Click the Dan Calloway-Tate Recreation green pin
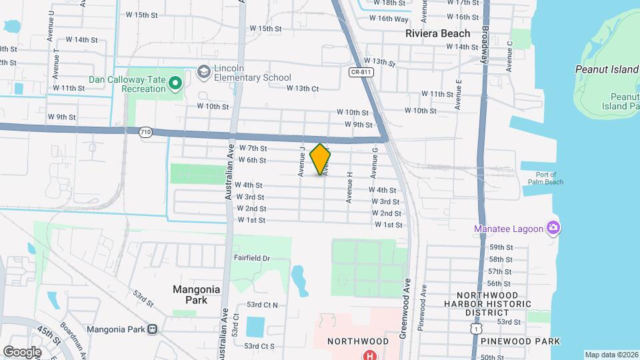tap(175, 83)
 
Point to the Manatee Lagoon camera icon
tap(553, 229)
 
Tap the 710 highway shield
tap(145, 133)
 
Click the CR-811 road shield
tap(360, 71)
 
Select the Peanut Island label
tap(606, 69)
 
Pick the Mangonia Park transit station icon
tap(153, 329)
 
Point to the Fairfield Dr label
tap(251, 258)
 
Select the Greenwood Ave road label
tap(404, 301)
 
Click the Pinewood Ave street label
tap(421, 308)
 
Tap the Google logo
tap(22, 351)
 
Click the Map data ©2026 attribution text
tap(611, 355)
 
